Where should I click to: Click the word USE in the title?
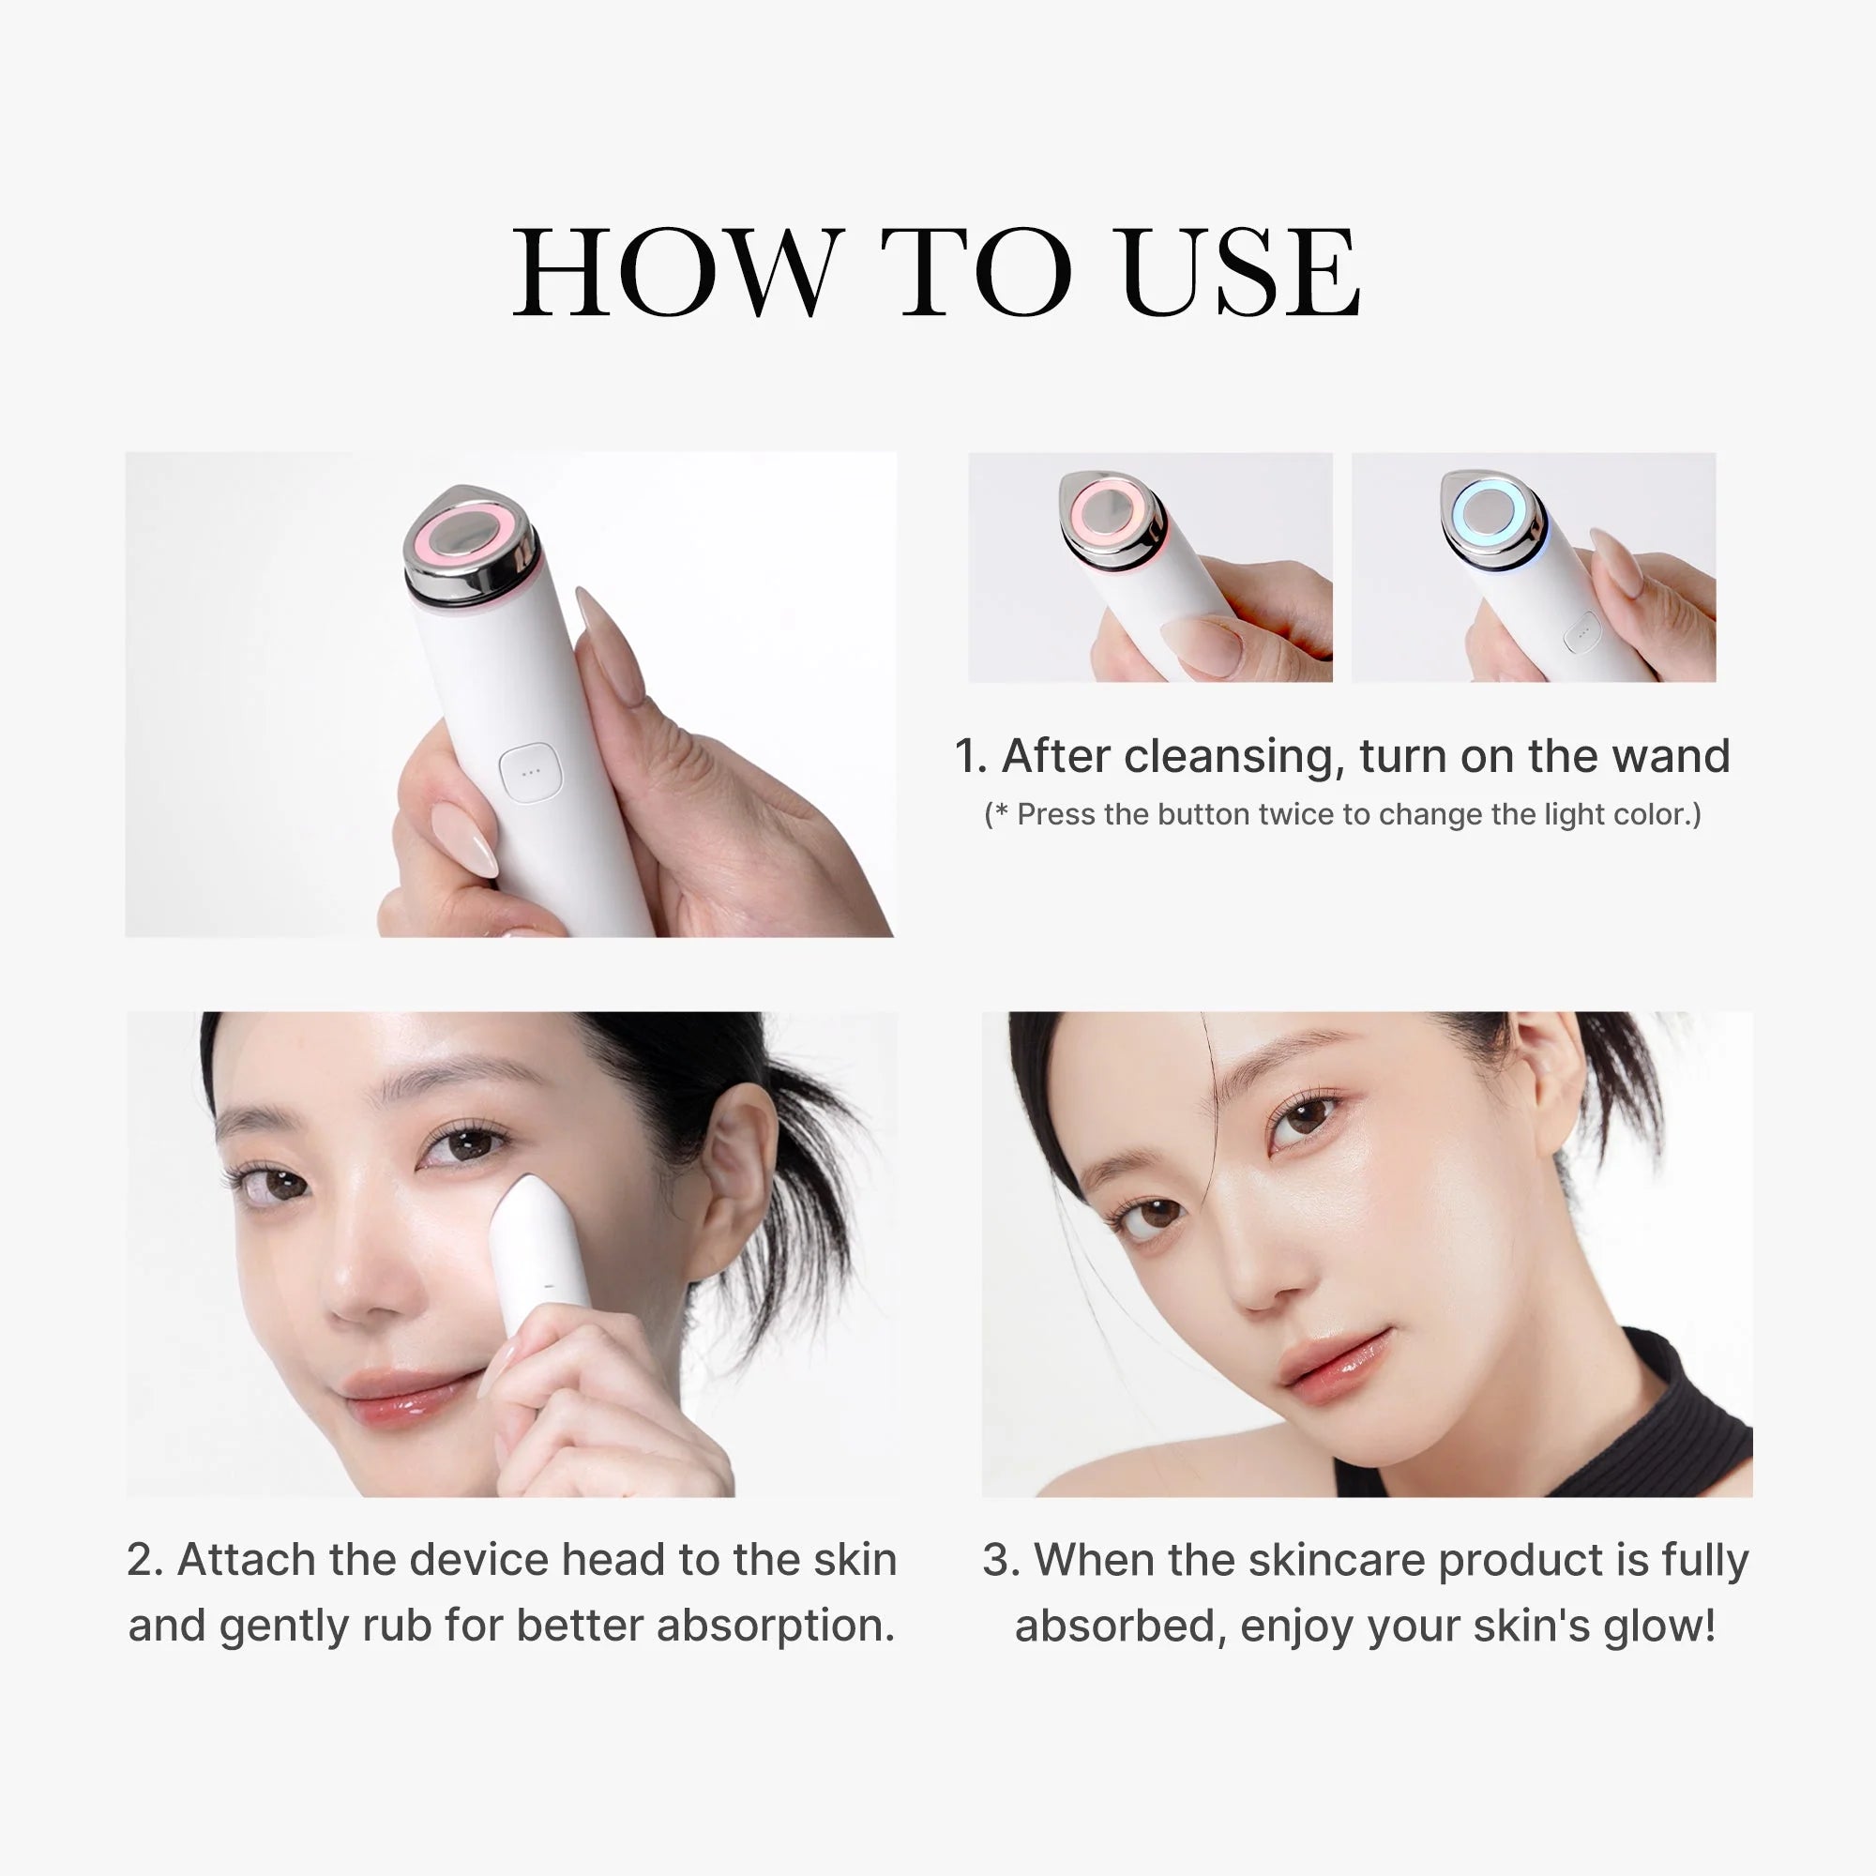point(1239,273)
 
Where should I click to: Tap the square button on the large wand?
point(530,773)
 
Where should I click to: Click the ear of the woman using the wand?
point(742,1175)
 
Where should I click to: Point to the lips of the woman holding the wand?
point(396,1396)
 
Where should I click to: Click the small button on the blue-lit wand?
point(1581,633)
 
